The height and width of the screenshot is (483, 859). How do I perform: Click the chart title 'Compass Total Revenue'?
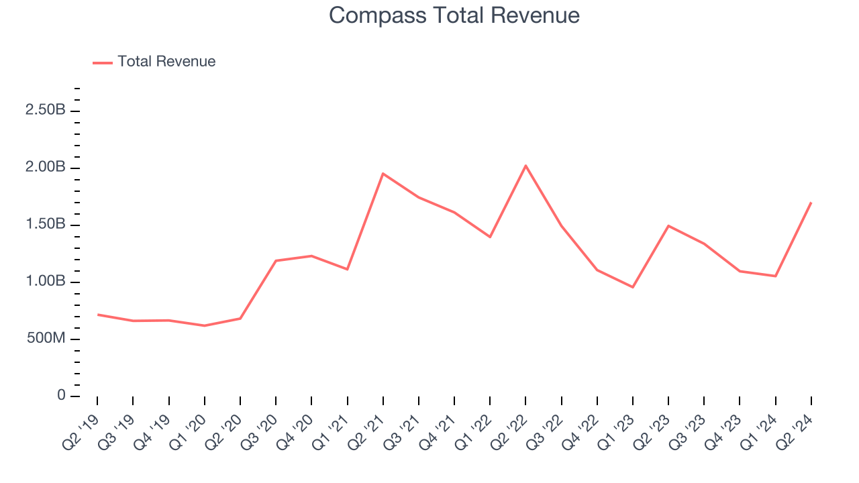click(454, 15)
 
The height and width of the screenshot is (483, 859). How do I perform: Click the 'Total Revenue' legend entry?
click(166, 62)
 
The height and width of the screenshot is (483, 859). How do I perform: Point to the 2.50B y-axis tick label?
click(46, 110)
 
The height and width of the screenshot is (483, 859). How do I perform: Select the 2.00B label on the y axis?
click(46, 167)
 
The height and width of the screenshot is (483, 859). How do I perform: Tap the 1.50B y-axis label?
click(46, 224)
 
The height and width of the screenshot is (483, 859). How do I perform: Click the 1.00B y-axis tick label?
click(46, 282)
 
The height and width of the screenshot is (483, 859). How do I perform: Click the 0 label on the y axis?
click(61, 396)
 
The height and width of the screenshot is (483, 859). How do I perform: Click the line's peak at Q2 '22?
click(525, 165)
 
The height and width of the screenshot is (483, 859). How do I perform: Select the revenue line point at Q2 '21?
click(383, 174)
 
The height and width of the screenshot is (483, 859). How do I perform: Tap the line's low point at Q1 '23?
click(633, 287)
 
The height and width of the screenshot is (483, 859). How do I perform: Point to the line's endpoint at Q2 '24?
click(811, 203)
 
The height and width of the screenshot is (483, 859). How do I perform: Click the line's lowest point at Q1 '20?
click(204, 325)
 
